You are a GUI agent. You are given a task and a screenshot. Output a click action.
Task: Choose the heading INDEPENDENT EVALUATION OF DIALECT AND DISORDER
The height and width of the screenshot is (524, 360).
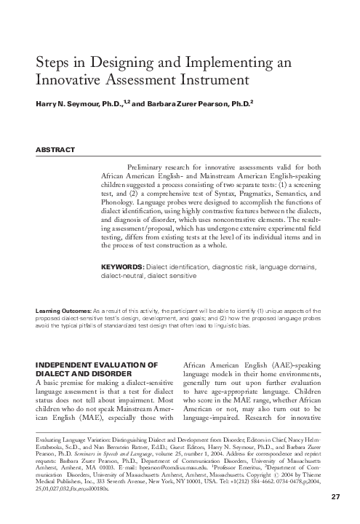click(97, 368)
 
